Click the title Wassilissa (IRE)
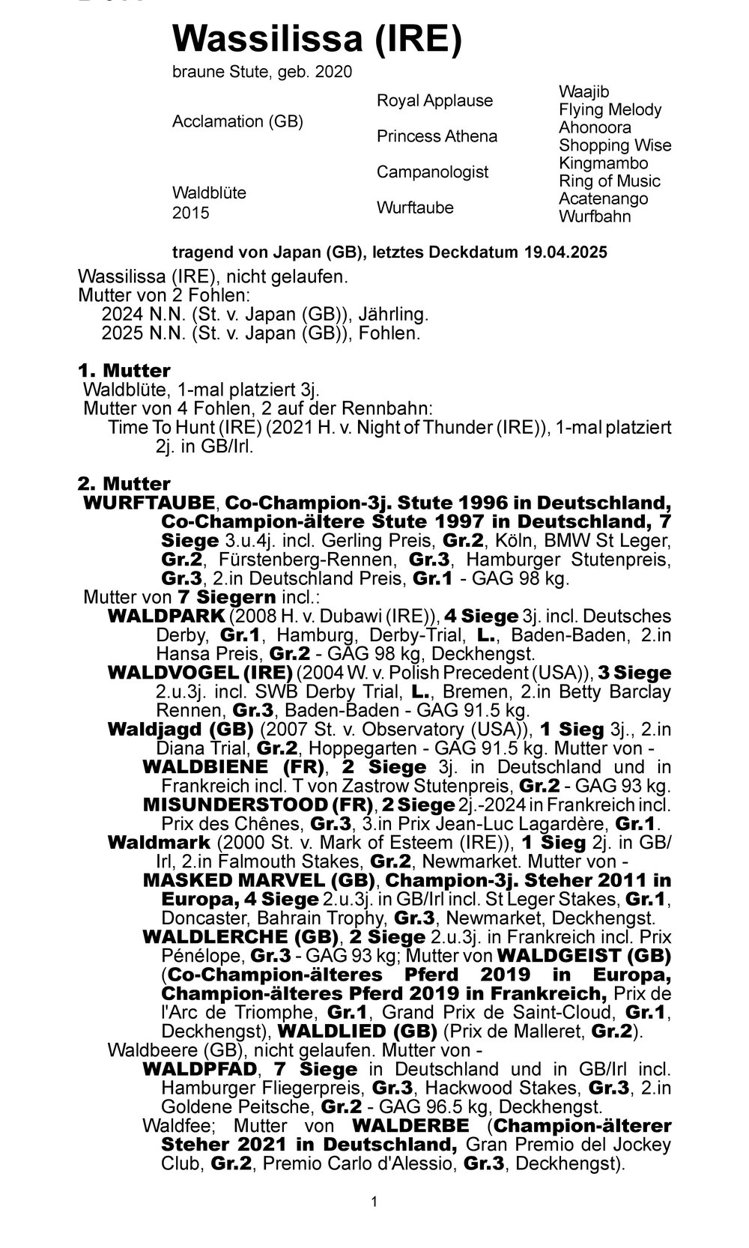[317, 39]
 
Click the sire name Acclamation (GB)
[237, 121]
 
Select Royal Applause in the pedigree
[434, 100]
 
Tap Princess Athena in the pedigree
[437, 136]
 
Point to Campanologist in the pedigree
[432, 172]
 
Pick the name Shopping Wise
[615, 145]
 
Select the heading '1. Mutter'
[124, 371]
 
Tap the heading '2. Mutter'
[124, 484]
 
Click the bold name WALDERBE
[410, 1126]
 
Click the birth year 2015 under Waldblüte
[191, 213]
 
